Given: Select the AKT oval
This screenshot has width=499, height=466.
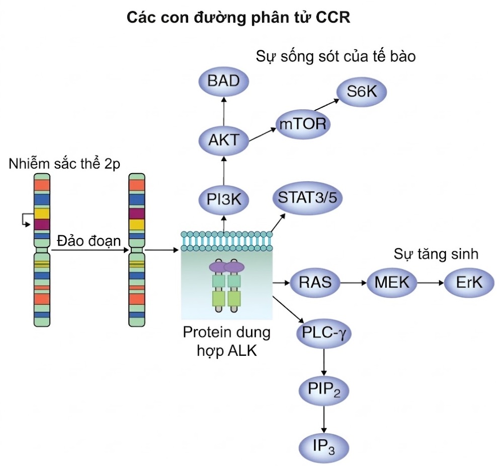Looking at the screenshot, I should [x=224, y=139].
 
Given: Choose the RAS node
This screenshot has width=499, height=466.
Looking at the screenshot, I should [x=315, y=283].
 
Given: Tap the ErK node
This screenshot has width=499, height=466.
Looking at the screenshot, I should [x=469, y=283].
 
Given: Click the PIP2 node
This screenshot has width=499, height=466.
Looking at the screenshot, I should [x=323, y=391].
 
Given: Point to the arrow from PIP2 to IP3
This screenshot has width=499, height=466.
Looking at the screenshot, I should [x=323, y=418].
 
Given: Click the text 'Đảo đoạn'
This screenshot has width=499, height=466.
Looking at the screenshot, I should [x=89, y=241].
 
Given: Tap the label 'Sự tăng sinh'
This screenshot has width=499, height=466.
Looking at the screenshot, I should [x=436, y=254].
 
